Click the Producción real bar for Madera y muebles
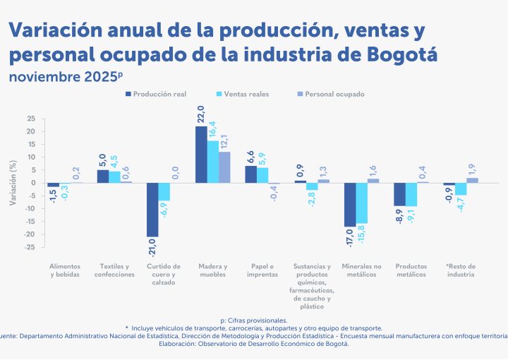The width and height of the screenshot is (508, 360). pyautogui.click(x=201, y=155)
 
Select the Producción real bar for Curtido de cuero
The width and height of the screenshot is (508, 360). pyautogui.click(x=152, y=210)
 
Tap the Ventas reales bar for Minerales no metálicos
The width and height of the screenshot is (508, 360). pyautogui.click(x=362, y=203)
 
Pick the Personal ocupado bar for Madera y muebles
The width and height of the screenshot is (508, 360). pyautogui.click(x=225, y=167)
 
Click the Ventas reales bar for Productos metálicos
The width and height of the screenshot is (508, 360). pyautogui.click(x=411, y=195)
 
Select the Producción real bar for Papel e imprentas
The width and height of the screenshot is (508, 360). pyautogui.click(x=250, y=174)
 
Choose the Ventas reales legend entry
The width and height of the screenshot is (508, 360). pyautogui.click(x=243, y=93)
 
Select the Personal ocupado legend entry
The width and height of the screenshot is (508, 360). pyautogui.click(x=331, y=93)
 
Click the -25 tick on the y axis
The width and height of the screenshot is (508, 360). pyautogui.click(x=29, y=247)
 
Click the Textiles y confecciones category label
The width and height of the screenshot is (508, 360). pyautogui.click(x=114, y=270)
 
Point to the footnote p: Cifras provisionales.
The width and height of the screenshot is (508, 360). pyautogui.click(x=253, y=320)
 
